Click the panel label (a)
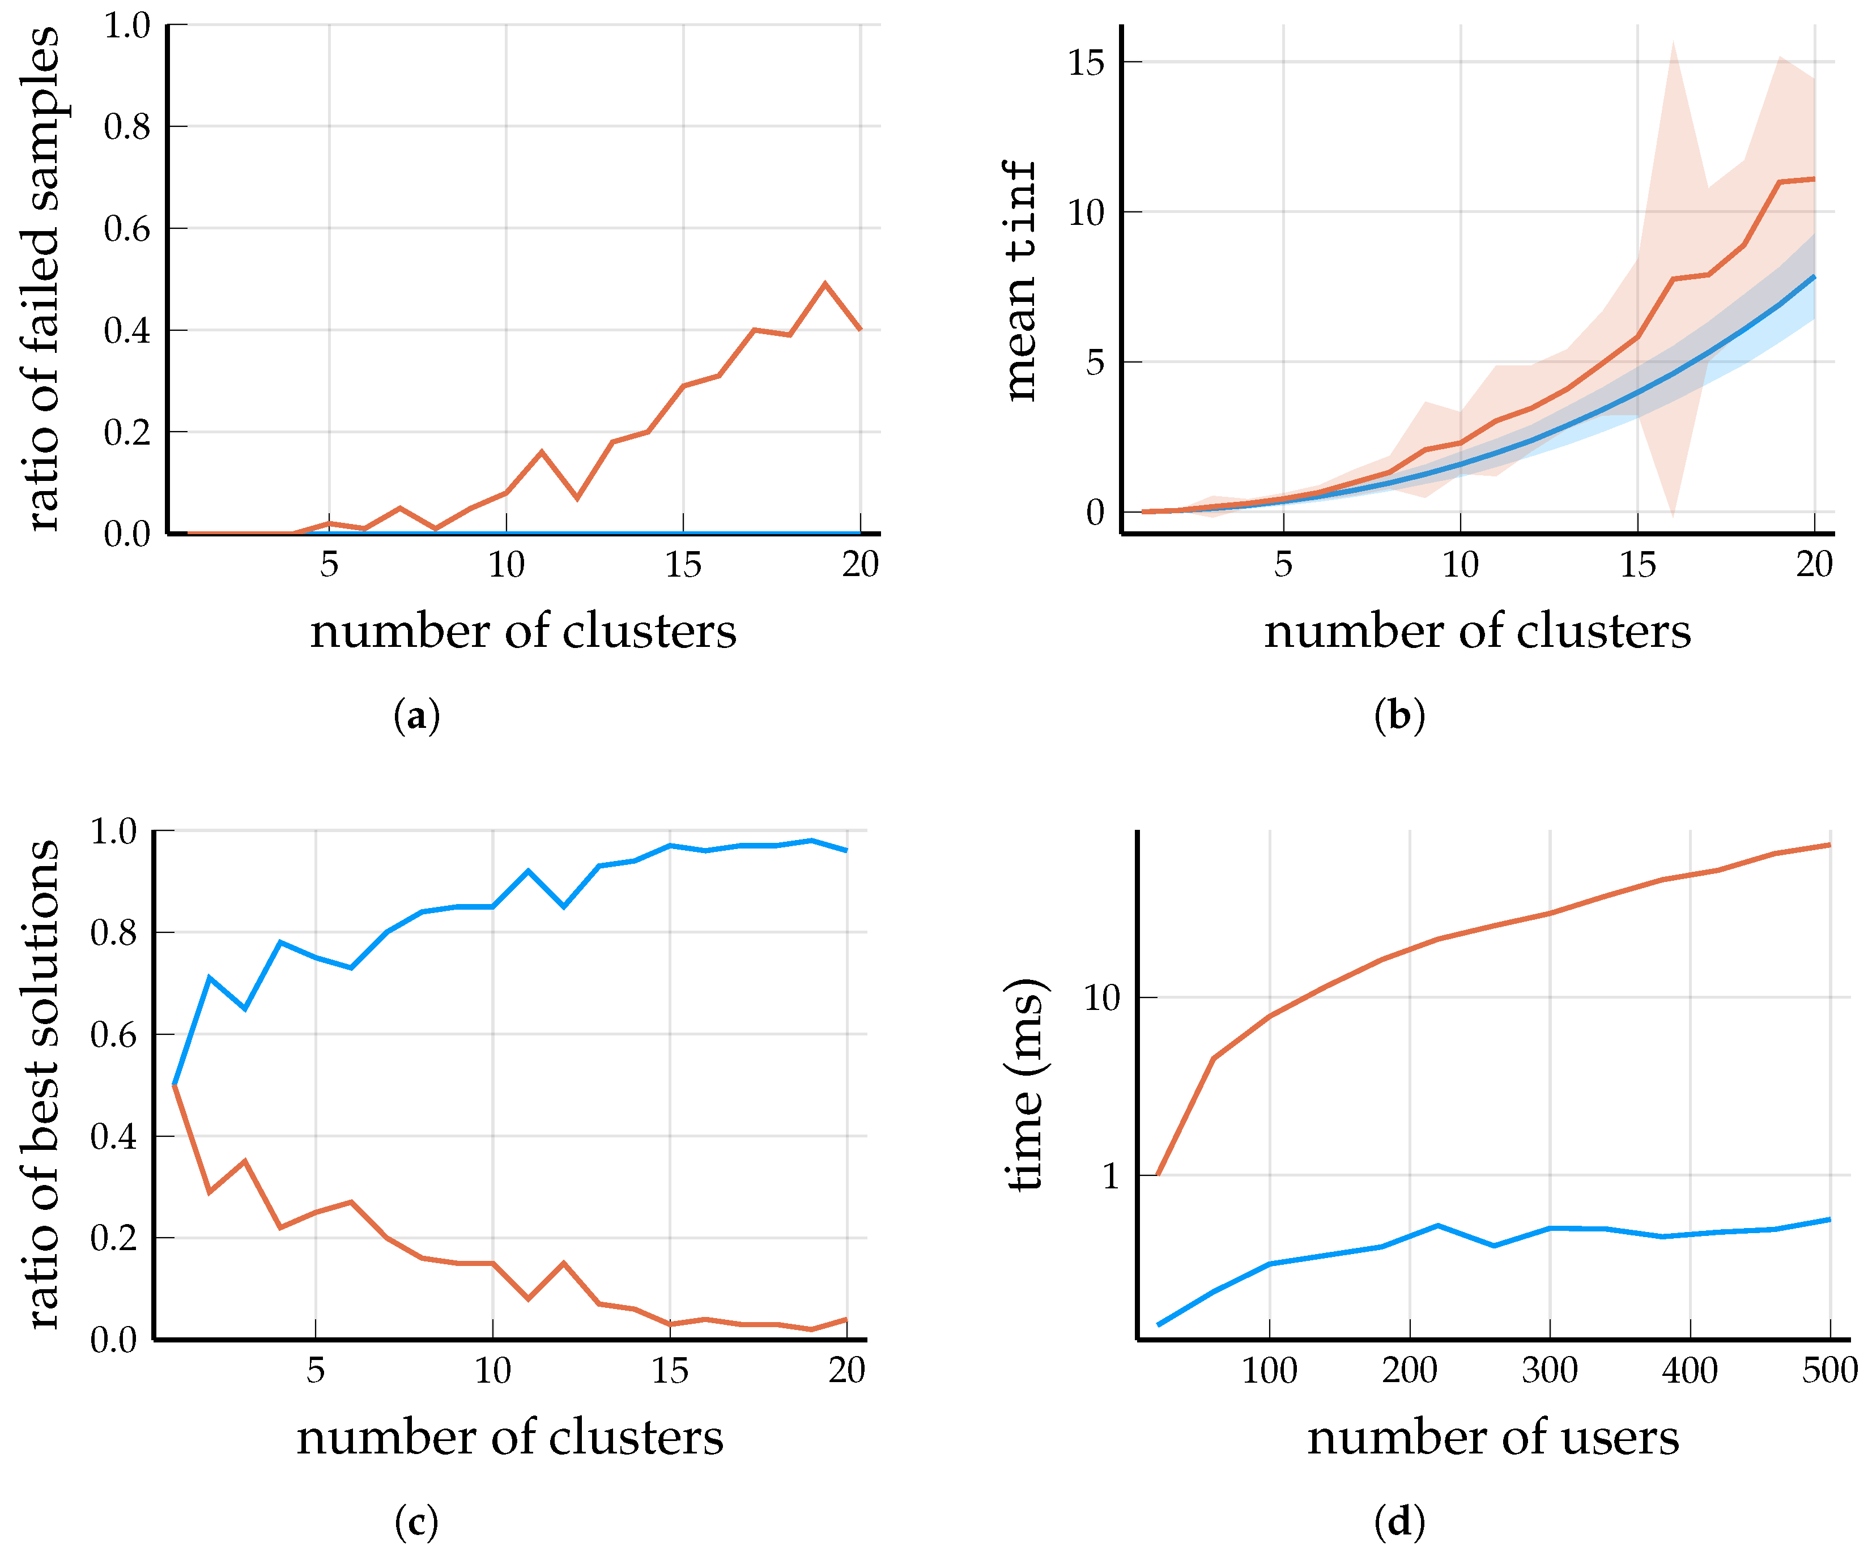click(416, 716)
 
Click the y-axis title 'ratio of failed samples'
click(42, 279)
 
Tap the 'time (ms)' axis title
click(1025, 1085)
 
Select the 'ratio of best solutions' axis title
click(42, 1085)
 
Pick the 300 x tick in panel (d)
click(1550, 1370)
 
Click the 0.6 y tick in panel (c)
click(114, 1035)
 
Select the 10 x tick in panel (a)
click(506, 565)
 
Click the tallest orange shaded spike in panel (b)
click(1673, 42)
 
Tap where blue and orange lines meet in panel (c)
click(175, 1085)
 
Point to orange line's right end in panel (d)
click(1829, 845)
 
